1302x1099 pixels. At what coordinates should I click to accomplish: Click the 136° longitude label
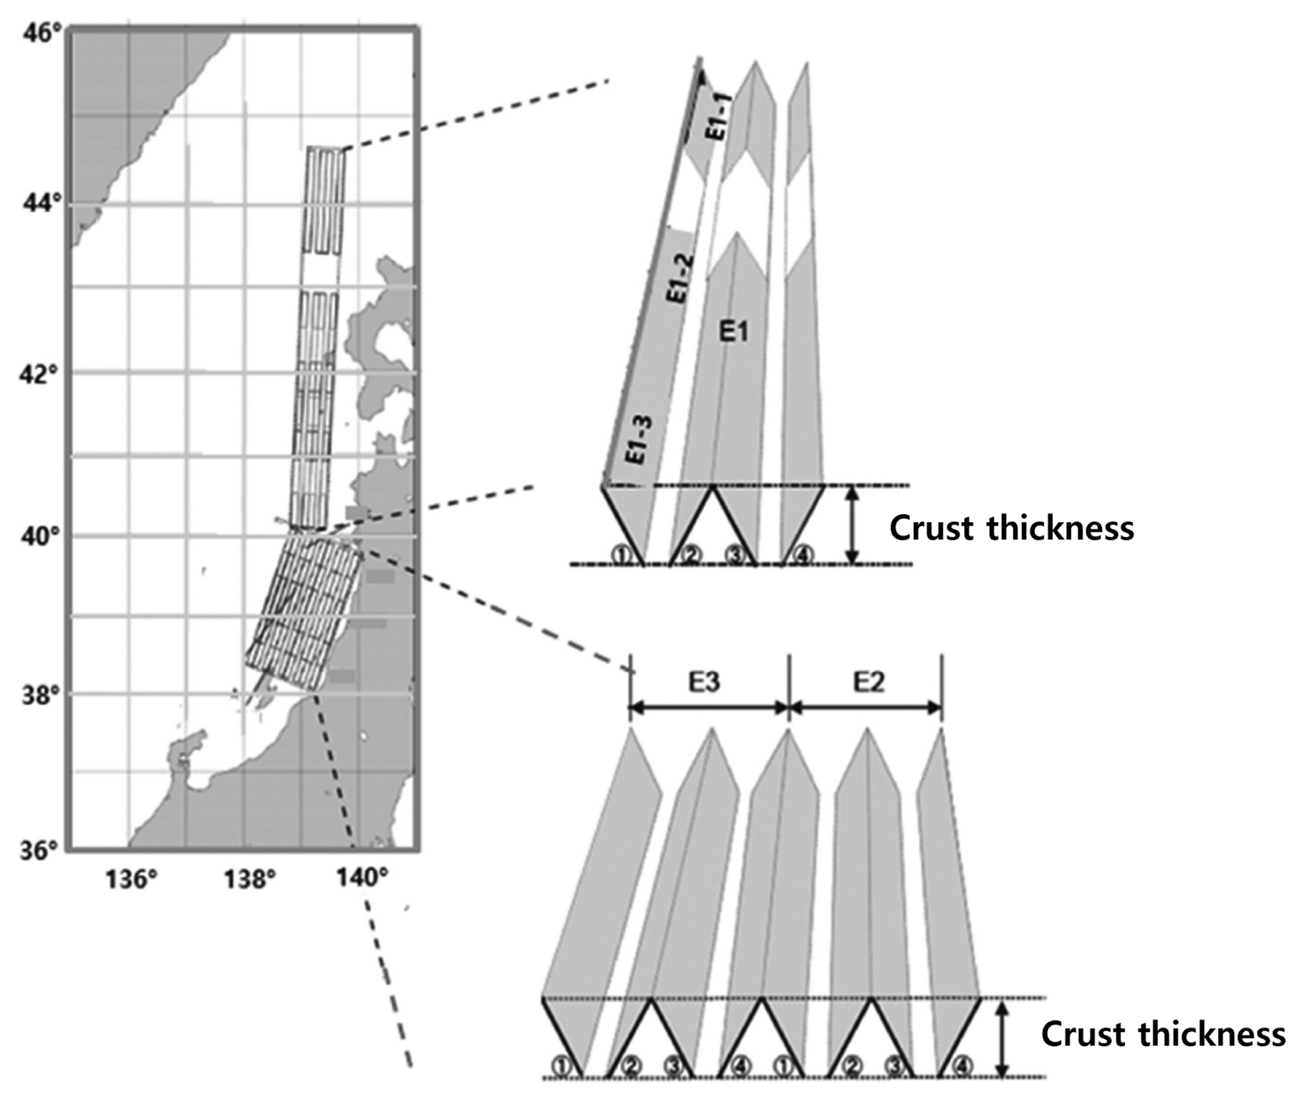131,880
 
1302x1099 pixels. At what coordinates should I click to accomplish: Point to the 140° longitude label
359,878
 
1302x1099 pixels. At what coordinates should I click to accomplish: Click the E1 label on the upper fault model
733,332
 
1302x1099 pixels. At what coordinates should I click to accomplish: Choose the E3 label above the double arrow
704,683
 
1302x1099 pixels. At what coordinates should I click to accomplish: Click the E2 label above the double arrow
868,683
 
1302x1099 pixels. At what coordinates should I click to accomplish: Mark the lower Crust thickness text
1163,1034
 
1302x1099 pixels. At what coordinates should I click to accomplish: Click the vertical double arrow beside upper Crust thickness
854,525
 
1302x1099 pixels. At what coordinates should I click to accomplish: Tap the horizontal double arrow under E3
709,708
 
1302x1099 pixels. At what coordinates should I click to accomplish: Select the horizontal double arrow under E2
866,708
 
